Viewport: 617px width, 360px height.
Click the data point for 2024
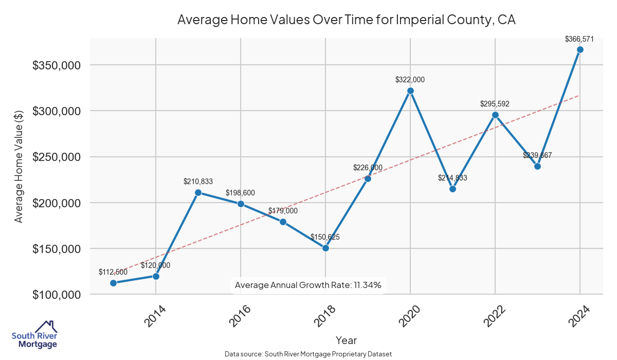click(580, 50)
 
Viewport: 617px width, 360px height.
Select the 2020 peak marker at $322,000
click(410, 91)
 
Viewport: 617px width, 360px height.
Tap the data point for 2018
click(325, 248)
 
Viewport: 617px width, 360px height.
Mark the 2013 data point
click(114, 283)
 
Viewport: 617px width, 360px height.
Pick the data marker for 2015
click(198, 193)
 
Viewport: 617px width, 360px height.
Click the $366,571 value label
click(579, 39)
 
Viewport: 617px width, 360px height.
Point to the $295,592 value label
click(495, 104)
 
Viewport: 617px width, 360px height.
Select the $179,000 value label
click(283, 211)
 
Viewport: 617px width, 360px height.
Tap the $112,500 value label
click(113, 272)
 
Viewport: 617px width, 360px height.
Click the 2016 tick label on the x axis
click(240, 316)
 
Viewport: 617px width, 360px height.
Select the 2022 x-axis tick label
click(495, 316)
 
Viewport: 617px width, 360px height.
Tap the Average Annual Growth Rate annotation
click(308, 285)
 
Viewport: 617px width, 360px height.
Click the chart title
click(346, 20)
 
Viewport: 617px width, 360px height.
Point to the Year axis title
click(346, 340)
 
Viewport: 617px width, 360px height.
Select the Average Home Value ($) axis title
click(19, 167)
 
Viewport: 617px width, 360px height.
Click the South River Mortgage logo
click(35, 335)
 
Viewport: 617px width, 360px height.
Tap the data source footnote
click(308, 354)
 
